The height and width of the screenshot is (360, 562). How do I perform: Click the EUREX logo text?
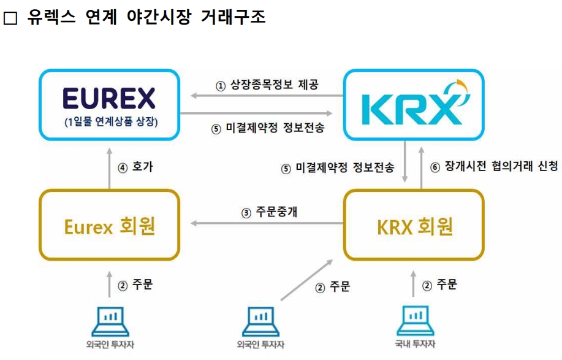point(109,98)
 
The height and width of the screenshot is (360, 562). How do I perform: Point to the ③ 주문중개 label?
point(270,213)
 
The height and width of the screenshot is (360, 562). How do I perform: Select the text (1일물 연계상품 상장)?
point(110,122)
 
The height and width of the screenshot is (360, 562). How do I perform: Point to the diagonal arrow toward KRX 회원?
point(306,280)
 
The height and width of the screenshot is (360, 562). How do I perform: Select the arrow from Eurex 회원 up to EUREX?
point(110,166)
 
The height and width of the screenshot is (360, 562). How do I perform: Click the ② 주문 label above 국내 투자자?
point(439,285)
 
